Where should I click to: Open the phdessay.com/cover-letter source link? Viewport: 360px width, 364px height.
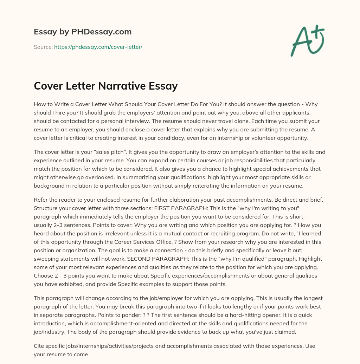pyautogui.click(x=98, y=47)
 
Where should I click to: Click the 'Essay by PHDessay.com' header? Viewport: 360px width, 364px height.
pyautogui.click(x=83, y=32)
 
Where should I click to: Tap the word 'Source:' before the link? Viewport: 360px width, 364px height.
pyautogui.click(x=43, y=47)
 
